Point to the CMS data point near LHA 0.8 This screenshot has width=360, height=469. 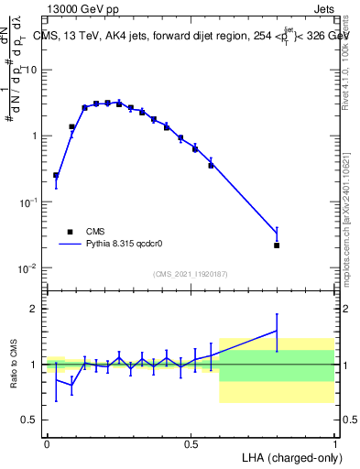point(277,245)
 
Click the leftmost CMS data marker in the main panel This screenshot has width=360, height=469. point(56,175)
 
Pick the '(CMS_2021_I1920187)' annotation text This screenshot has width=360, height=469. point(191,274)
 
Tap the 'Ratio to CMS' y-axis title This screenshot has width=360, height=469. point(15,366)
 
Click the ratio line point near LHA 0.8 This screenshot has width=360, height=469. point(277,331)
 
